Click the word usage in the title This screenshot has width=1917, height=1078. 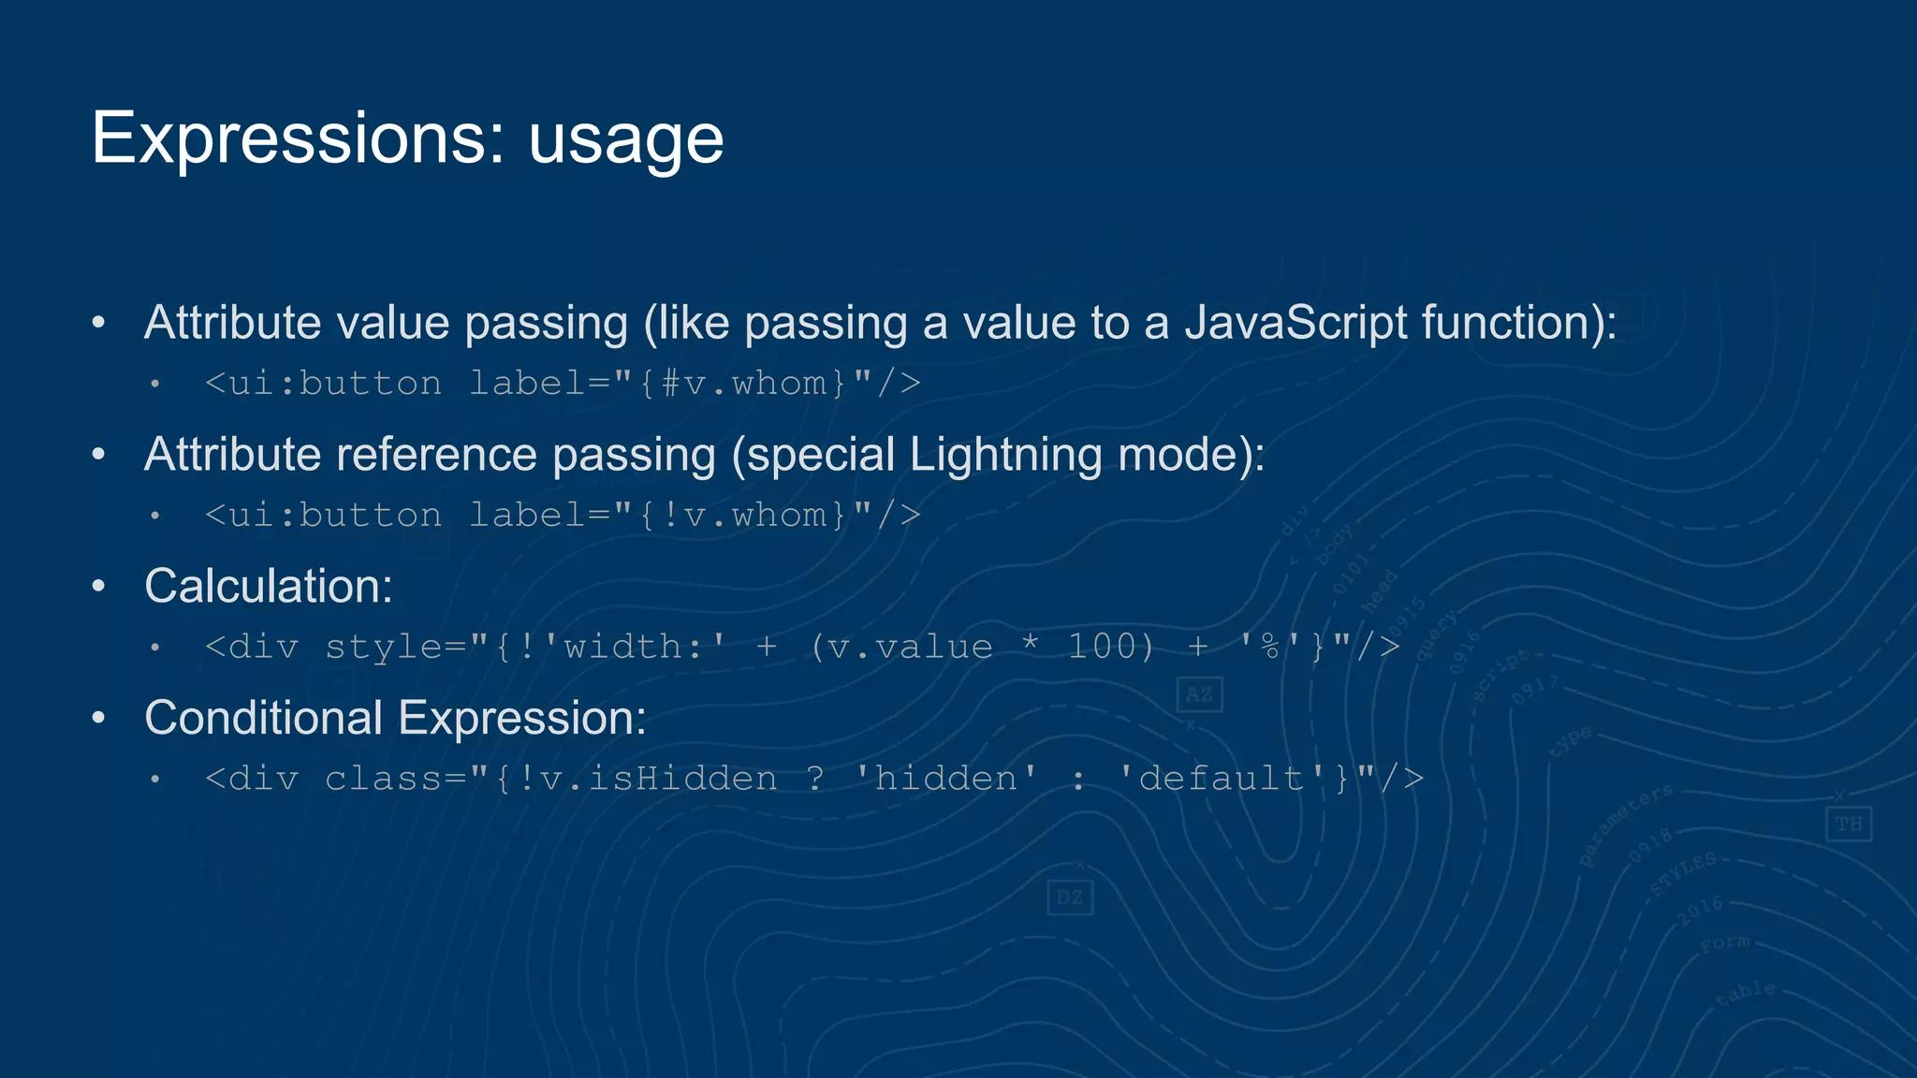[x=625, y=140]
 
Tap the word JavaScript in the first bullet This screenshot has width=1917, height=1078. [x=1295, y=323]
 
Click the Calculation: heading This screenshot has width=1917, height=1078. [x=269, y=587]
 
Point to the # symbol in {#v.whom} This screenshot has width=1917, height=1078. [x=670, y=384]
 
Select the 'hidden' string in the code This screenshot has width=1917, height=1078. [x=946, y=779]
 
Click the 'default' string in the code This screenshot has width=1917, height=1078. [x=1222, y=779]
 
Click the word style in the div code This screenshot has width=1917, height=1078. [x=384, y=648]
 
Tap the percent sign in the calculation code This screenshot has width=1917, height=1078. [x=1270, y=647]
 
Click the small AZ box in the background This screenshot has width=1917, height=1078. [x=1199, y=694]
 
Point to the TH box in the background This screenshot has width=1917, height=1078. [x=1848, y=824]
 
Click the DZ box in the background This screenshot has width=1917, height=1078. [x=1069, y=898]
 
